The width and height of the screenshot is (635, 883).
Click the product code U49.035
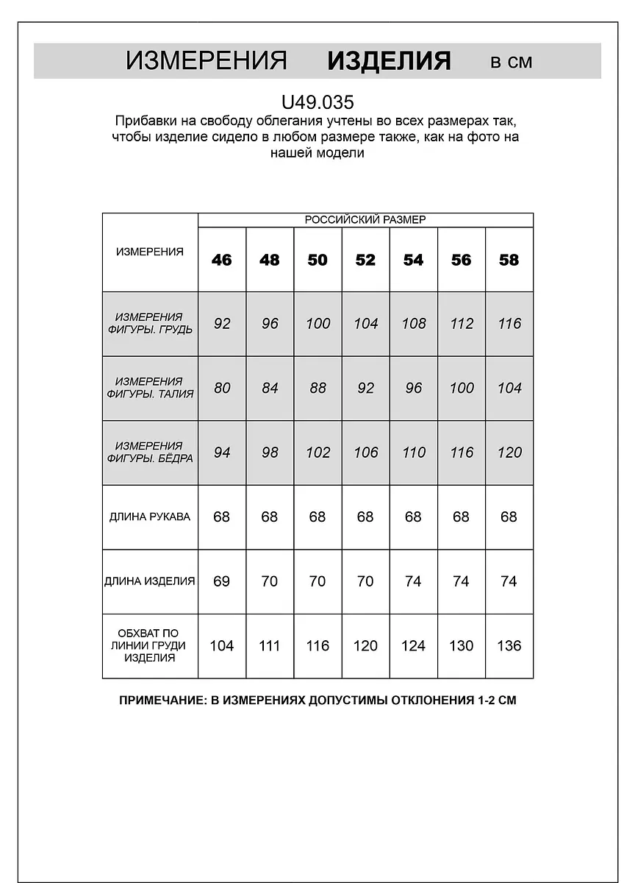pyautogui.click(x=317, y=101)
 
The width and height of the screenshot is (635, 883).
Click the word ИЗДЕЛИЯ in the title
pyautogui.click(x=389, y=60)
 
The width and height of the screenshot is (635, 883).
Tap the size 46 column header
pyautogui.click(x=221, y=260)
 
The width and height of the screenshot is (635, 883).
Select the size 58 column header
pyautogui.click(x=509, y=260)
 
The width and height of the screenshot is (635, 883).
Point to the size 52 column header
pyautogui.click(x=365, y=260)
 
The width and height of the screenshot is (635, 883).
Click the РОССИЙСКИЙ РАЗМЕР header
pyautogui.click(x=365, y=220)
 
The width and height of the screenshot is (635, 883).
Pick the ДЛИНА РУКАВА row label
pyautogui.click(x=150, y=517)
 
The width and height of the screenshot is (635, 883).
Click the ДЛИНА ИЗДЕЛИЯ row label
pyautogui.click(x=150, y=581)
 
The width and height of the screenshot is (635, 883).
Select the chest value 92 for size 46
pyautogui.click(x=222, y=324)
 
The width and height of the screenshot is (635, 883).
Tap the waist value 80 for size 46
pyautogui.click(x=222, y=388)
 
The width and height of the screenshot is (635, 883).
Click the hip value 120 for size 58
pyautogui.click(x=509, y=453)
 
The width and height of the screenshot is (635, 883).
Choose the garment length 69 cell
pyautogui.click(x=221, y=581)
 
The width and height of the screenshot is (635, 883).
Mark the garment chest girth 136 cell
pyautogui.click(x=509, y=645)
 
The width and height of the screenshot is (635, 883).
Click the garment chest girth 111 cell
pyautogui.click(x=270, y=645)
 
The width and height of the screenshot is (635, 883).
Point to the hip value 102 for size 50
pyautogui.click(x=317, y=453)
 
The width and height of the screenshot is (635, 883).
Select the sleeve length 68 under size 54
pyautogui.click(x=413, y=517)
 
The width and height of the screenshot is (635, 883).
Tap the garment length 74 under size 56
pyautogui.click(x=461, y=581)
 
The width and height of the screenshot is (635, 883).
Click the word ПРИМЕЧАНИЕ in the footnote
pyautogui.click(x=161, y=701)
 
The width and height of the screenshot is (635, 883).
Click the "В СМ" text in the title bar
pyautogui.click(x=511, y=62)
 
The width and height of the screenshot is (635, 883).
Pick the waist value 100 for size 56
pyautogui.click(x=462, y=388)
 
